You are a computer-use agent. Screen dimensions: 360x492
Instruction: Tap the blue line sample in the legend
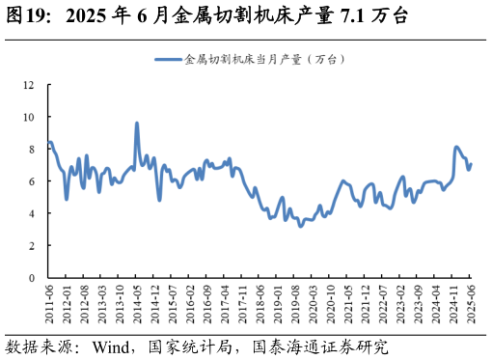pos(167,60)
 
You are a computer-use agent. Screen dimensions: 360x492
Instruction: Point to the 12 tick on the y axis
pos(28,85)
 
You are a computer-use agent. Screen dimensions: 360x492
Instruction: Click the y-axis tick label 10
pos(28,117)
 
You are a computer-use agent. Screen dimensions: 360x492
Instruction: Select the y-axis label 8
pos(31,149)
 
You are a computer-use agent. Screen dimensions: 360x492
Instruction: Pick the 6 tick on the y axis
pos(31,181)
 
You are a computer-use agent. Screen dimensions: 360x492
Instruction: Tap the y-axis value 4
pos(31,213)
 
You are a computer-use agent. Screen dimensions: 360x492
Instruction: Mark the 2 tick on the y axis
pos(31,246)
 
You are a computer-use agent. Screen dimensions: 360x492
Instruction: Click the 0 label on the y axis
pos(31,278)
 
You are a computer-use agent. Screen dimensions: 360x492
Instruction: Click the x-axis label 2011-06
pos(48,302)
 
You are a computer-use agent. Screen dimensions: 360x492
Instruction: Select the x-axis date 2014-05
pos(136,302)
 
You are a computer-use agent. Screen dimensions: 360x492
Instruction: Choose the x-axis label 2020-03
pos(313,302)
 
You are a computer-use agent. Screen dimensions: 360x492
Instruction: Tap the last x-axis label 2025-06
pos(472,302)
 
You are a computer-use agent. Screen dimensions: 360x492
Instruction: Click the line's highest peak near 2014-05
pos(137,124)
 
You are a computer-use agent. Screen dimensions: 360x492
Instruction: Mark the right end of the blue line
pos(471,163)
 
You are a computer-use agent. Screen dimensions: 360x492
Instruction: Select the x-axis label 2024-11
pos(454,302)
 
